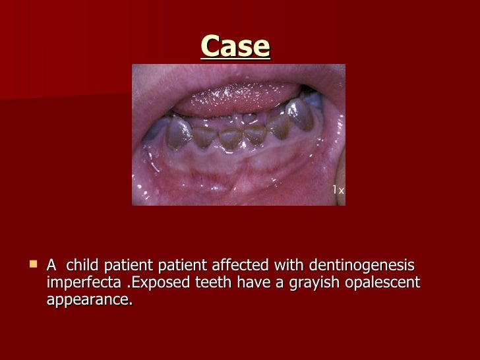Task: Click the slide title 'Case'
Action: [x=235, y=46]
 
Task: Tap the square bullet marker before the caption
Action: [x=33, y=264]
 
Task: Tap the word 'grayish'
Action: [x=292, y=283]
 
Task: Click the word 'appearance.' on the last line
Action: [x=90, y=300]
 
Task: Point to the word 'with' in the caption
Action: [x=284, y=265]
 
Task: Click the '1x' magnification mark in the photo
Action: [x=338, y=190]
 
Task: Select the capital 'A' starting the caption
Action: [x=51, y=265]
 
